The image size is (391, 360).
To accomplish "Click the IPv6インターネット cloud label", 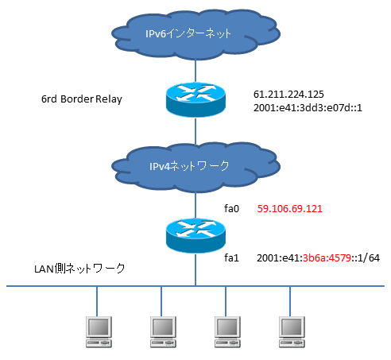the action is pyautogui.click(x=188, y=33).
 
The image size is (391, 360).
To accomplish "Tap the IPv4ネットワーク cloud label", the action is pyautogui.click(x=189, y=166).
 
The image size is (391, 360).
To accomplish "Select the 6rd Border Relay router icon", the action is pyautogui.click(x=195, y=99).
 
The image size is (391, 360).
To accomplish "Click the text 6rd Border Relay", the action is pyautogui.click(x=82, y=99).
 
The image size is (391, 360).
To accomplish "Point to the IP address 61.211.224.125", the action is pyautogui.click(x=288, y=95).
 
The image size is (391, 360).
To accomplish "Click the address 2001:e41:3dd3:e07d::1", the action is pyautogui.click(x=308, y=108).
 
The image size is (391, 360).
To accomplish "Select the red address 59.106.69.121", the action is pyautogui.click(x=290, y=209).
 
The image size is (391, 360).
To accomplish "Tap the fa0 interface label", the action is pyautogui.click(x=232, y=209).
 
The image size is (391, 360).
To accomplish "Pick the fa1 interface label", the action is pyautogui.click(x=232, y=257).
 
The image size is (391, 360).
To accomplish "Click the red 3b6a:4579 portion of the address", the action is pyautogui.click(x=327, y=257).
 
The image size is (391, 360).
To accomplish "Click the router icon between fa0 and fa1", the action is pyautogui.click(x=195, y=235).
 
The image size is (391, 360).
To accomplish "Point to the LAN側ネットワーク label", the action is pyautogui.click(x=79, y=269).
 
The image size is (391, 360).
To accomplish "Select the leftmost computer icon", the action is pyautogui.click(x=99, y=331).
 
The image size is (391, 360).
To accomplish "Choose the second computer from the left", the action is pyautogui.click(x=163, y=331).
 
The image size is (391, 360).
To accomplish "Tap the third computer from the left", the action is pyautogui.click(x=227, y=331).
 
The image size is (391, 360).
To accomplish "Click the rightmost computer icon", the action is pyautogui.click(x=292, y=331).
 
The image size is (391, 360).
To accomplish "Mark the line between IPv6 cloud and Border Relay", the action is pyautogui.click(x=195, y=71).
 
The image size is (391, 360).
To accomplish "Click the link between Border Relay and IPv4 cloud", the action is pyautogui.click(x=195, y=130).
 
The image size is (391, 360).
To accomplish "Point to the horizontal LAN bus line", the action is pyautogui.click(x=195, y=286).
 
